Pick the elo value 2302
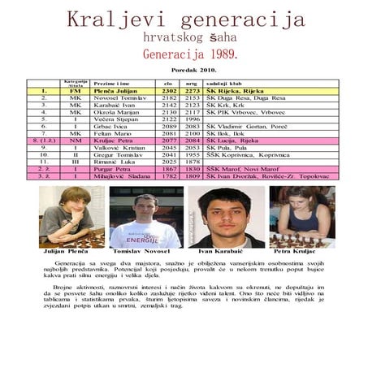(x=169, y=91)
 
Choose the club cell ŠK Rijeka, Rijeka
(x=234, y=91)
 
